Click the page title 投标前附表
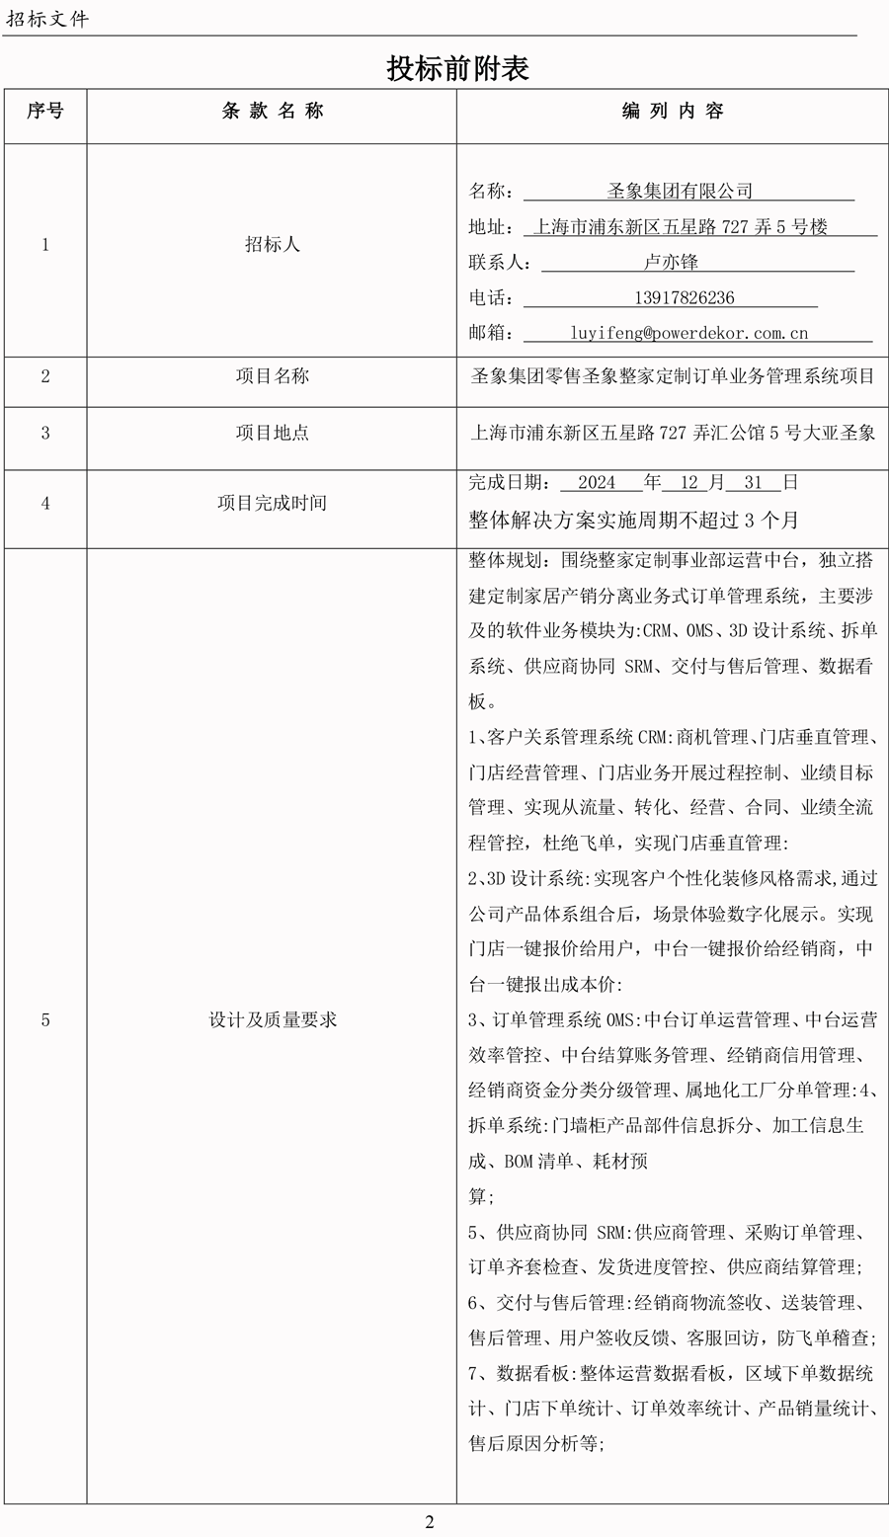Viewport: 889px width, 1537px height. coord(457,68)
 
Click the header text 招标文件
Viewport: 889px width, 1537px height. coord(47,19)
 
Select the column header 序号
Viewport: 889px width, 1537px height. coord(45,112)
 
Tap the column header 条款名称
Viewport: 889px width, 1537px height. coord(273,112)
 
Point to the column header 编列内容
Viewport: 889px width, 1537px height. coord(673,112)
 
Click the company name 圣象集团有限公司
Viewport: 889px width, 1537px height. coord(680,192)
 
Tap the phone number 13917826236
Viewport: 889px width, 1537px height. coord(684,298)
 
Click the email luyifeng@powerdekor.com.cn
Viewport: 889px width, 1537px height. coord(688,334)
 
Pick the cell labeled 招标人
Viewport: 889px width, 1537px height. coord(273,245)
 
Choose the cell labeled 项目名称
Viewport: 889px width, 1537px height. coord(273,376)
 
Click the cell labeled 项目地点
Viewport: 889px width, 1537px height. coord(273,433)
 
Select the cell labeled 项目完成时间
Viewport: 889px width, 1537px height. coord(273,503)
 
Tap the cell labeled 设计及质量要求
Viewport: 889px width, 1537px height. coord(273,1020)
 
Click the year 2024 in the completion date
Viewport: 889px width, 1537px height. coord(597,483)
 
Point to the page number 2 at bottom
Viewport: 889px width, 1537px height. coord(430,1522)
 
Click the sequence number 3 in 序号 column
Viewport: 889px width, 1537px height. coord(45,433)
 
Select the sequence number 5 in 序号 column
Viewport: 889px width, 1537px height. coord(45,1020)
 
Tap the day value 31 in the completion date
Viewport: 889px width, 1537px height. coord(754,483)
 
